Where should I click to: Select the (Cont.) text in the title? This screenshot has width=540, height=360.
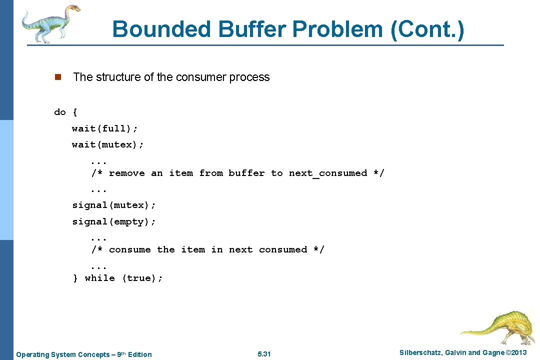[427, 29]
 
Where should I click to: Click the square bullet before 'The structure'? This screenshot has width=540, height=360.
[57, 77]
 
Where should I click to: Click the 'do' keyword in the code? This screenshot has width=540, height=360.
[60, 112]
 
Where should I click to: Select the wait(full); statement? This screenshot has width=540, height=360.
[105, 128]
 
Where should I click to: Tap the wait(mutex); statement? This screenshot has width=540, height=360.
[108, 144]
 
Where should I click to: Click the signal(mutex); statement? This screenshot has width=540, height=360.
[114, 205]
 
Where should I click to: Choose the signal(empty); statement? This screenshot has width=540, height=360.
[114, 221]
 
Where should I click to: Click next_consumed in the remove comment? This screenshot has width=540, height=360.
[328, 173]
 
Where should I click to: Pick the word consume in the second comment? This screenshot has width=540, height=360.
[129, 249]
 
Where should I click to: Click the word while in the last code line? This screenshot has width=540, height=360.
[99, 278]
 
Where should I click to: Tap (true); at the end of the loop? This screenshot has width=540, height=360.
[142, 278]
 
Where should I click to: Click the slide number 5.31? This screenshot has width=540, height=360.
[264, 354]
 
